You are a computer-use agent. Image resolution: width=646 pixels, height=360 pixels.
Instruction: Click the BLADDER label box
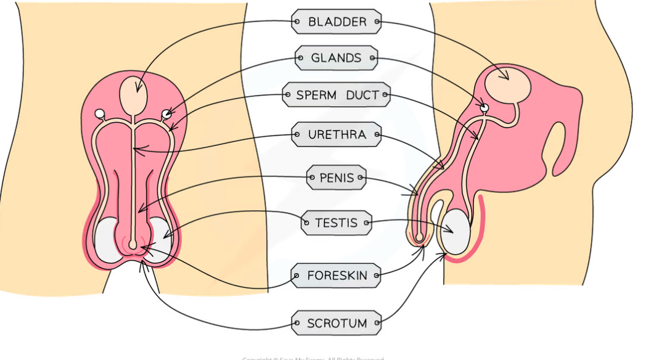click(337, 23)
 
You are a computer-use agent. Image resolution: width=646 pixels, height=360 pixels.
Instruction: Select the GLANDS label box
click(337, 59)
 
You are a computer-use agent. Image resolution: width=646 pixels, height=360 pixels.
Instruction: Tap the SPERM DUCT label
click(337, 95)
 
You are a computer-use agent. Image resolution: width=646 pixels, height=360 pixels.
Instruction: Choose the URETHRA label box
click(337, 134)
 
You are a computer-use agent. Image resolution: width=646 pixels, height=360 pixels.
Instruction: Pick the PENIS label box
click(337, 179)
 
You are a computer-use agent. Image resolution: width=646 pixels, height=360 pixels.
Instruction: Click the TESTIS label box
click(337, 223)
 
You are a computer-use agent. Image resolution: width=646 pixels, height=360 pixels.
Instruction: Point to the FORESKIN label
click(337, 276)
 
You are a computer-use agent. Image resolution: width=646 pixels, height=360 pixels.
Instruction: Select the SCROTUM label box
click(337, 323)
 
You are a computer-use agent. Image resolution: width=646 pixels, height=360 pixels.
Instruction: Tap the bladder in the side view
click(507, 85)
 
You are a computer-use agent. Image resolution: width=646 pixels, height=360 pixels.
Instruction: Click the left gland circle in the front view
click(100, 113)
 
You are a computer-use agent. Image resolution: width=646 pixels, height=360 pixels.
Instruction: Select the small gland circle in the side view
click(485, 108)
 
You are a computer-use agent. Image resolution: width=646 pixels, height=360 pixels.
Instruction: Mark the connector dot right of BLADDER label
click(377, 23)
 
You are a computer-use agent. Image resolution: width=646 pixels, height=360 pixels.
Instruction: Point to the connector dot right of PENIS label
click(361, 179)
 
